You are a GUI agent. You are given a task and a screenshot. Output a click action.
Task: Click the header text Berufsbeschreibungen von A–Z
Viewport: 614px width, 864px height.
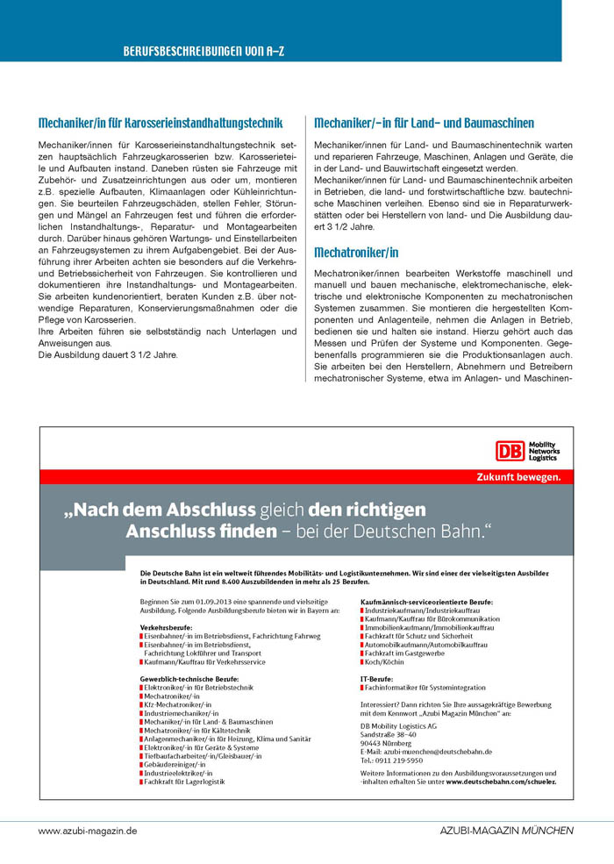coord(203,52)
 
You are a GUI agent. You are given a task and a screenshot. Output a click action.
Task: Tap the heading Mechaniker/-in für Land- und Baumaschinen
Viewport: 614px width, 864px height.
coord(424,124)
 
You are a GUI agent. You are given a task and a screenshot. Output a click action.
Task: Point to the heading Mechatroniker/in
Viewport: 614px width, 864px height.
coord(356,253)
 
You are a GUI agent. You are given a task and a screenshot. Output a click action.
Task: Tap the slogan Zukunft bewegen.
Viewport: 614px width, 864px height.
coord(518,477)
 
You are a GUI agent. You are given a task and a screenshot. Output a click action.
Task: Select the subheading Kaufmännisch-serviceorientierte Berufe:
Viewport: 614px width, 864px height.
coord(426,603)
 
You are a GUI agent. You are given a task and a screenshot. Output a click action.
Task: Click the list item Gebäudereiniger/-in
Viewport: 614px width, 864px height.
coord(176,763)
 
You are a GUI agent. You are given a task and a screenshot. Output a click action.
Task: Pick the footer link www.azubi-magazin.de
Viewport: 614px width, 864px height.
coord(88,830)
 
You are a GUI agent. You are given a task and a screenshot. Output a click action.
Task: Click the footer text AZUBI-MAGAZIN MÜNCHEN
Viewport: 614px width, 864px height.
coord(506,830)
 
